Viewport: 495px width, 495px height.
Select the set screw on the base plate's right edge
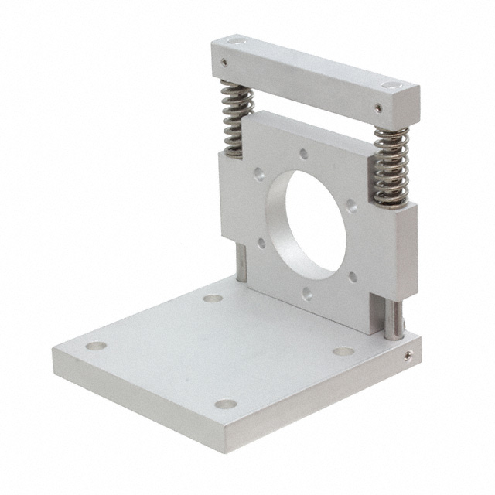point(408,356)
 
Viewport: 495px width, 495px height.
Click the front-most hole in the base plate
point(225,404)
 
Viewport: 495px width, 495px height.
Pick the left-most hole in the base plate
point(94,347)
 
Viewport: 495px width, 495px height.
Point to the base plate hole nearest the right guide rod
point(343,352)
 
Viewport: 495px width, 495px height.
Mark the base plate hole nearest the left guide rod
point(214,298)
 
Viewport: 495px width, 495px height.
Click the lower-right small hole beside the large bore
point(356,272)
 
